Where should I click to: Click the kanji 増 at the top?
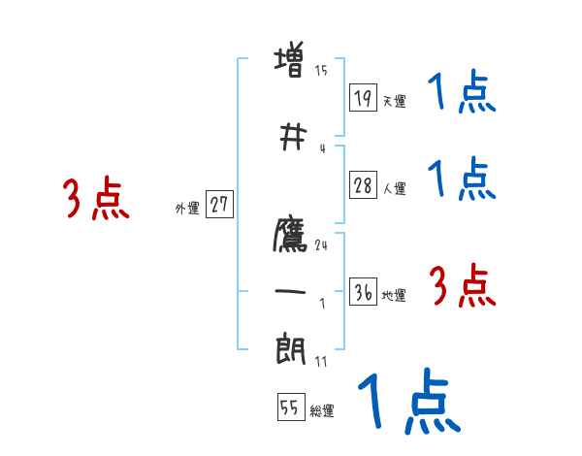click(289, 59)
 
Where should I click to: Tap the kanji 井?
click(293, 137)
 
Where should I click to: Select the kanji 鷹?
click(290, 235)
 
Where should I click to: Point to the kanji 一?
click(290, 291)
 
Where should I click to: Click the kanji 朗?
click(290, 348)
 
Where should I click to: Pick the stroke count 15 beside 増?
click(321, 71)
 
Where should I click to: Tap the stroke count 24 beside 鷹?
click(321, 245)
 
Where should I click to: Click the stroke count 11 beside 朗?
click(321, 361)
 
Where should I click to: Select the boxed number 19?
click(363, 98)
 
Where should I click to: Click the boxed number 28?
click(363, 185)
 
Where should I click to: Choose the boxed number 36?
click(363, 291)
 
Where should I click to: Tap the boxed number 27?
click(219, 205)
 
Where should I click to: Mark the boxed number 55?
click(291, 407)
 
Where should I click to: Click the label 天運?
click(395, 101)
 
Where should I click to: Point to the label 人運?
click(395, 188)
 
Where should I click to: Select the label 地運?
click(394, 295)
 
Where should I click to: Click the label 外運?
click(187, 209)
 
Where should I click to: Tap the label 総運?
click(322, 411)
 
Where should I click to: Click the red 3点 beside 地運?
click(463, 285)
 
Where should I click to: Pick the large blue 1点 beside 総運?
click(409, 401)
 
